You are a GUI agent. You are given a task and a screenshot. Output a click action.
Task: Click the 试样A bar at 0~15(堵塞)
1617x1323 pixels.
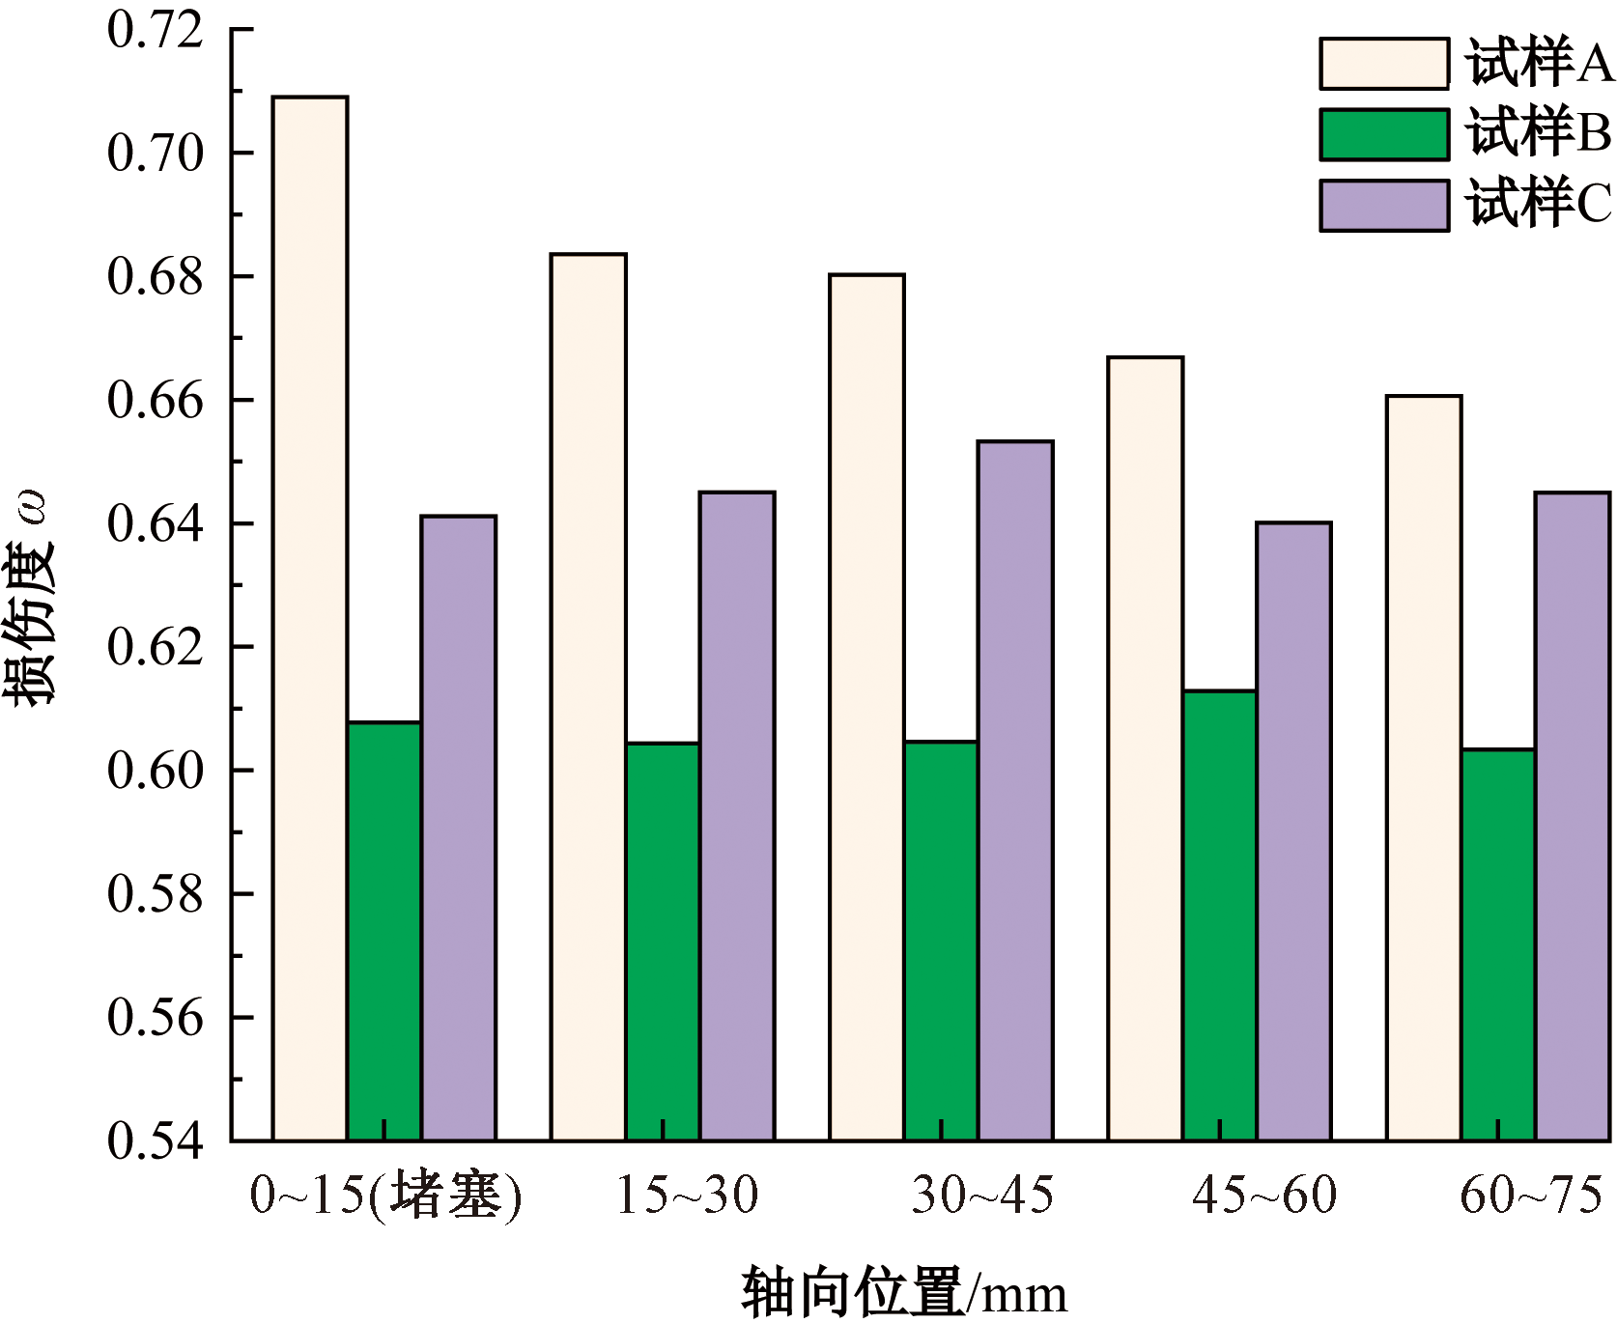click(309, 618)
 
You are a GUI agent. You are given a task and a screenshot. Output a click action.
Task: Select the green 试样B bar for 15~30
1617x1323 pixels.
click(663, 942)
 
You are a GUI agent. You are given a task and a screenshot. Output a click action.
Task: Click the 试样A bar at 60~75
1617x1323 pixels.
click(1424, 768)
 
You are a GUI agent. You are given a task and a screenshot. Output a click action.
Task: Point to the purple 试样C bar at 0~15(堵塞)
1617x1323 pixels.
click(459, 828)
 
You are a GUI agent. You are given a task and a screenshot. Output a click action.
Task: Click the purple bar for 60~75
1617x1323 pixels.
click(1573, 816)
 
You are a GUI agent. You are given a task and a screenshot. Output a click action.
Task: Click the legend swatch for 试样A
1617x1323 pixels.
click(1383, 64)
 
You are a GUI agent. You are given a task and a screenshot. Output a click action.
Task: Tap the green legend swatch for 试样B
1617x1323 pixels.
click(1383, 134)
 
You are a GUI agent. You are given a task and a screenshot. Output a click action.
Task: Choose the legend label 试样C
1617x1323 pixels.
click(1539, 205)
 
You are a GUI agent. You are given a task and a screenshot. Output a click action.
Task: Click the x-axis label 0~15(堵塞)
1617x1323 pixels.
click(385, 1196)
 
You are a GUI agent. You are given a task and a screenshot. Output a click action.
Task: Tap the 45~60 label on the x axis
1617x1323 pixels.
click(1264, 1196)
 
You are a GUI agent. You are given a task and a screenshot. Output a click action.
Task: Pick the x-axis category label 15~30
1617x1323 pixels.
click(687, 1196)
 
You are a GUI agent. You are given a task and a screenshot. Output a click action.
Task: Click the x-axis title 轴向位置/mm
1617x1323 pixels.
click(904, 1292)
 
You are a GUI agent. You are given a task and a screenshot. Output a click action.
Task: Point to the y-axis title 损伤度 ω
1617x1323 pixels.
click(31, 599)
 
